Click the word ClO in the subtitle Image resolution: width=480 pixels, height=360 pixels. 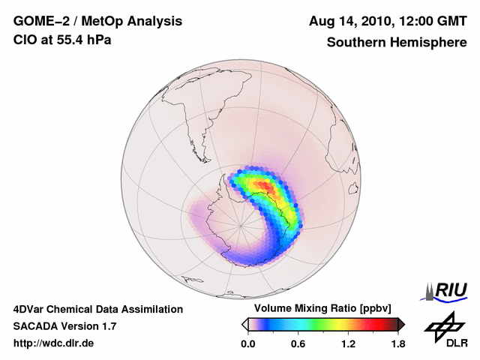pyautogui.click(x=23, y=40)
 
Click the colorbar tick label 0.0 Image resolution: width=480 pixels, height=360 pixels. pyautogui.click(x=248, y=344)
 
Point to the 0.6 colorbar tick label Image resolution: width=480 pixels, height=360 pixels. pyautogui.click(x=298, y=344)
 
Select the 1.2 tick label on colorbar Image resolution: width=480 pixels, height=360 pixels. pyautogui.click(x=348, y=344)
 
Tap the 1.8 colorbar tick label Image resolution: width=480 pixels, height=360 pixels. pyautogui.click(x=397, y=344)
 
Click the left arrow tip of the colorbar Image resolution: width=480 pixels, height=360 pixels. pyautogui.click(x=244, y=324)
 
